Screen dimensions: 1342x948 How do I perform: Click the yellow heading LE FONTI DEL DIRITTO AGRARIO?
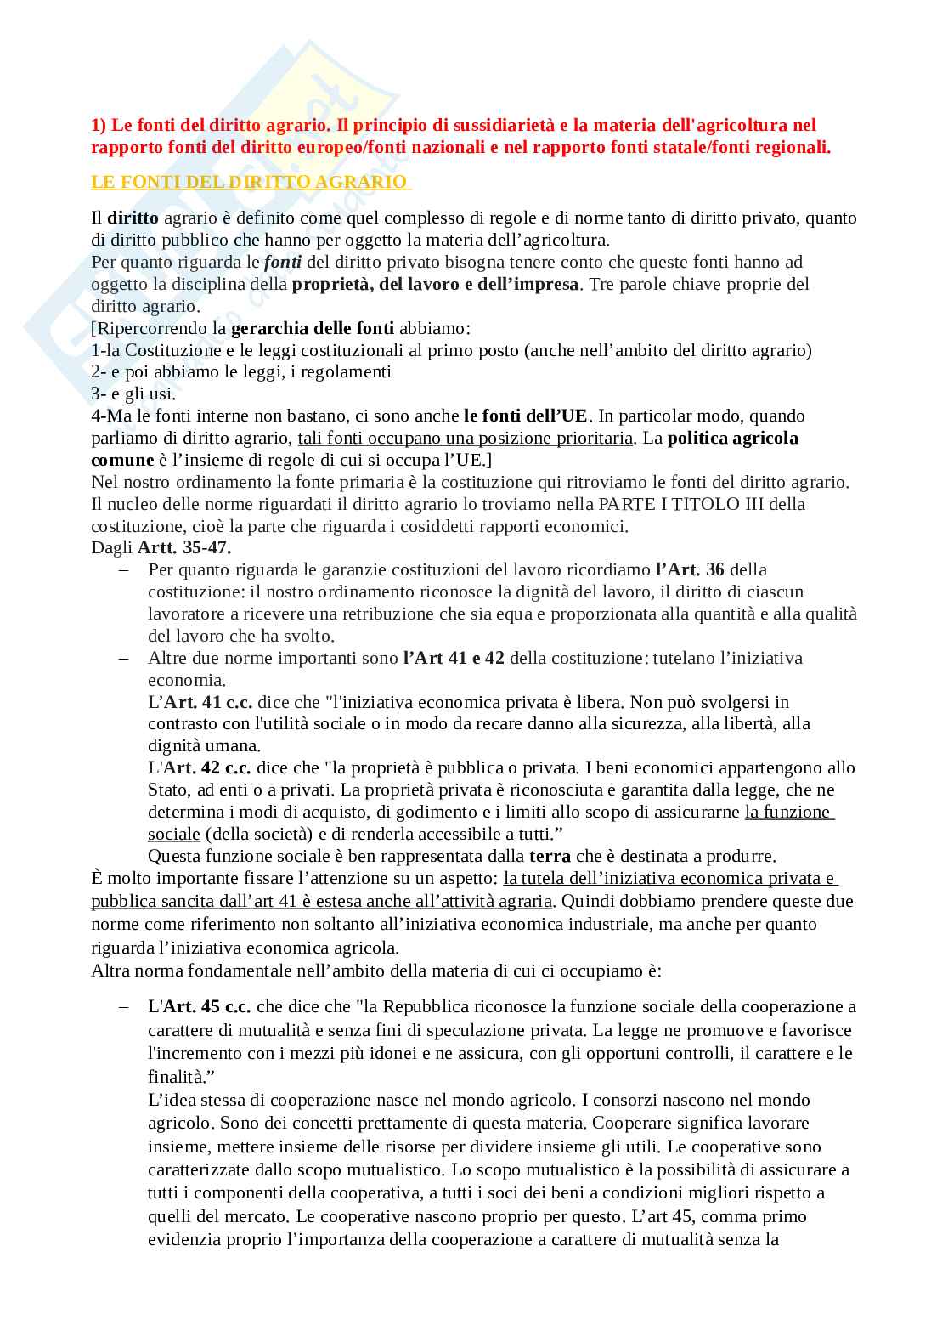[x=251, y=182]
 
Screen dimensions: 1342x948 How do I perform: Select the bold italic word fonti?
[x=283, y=262]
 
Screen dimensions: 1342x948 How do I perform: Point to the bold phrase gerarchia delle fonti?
[x=313, y=328]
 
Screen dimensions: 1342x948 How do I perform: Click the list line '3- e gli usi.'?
[x=134, y=394]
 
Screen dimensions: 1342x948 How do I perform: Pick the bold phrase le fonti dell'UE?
[x=525, y=416]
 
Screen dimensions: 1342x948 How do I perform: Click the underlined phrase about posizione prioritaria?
[x=465, y=438]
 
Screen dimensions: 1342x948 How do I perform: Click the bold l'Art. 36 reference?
[x=690, y=569]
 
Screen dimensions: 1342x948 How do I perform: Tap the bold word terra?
[x=550, y=856]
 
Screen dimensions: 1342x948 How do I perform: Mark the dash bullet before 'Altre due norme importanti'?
[x=125, y=658]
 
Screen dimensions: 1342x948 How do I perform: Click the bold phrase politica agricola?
[x=732, y=438]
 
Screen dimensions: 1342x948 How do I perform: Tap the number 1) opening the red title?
[x=99, y=126]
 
